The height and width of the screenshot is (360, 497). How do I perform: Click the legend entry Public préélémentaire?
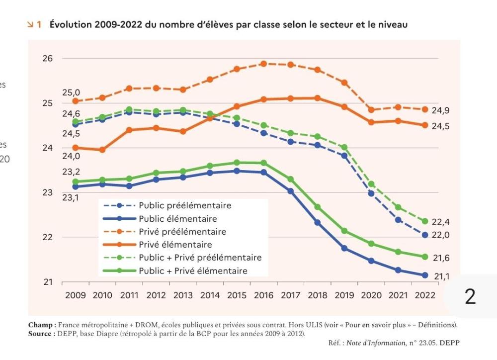pyautogui.click(x=185, y=205)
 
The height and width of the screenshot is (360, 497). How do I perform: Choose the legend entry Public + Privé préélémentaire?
pyautogui.click(x=200, y=258)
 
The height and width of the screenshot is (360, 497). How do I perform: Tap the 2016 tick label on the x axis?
pyautogui.click(x=264, y=295)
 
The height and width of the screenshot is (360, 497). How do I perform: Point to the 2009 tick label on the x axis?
pyautogui.click(x=76, y=295)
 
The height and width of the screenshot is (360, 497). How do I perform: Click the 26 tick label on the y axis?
pyautogui.click(x=47, y=59)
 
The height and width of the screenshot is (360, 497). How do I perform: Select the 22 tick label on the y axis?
pyautogui.click(x=47, y=237)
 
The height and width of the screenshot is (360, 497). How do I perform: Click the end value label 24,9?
pyautogui.click(x=440, y=111)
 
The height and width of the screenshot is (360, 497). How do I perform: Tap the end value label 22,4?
pyautogui.click(x=440, y=222)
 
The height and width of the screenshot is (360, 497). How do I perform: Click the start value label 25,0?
pyautogui.click(x=71, y=93)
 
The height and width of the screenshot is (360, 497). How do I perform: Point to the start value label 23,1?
pyautogui.click(x=71, y=198)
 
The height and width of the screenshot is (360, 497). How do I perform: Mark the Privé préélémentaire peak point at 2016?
pyautogui.click(x=264, y=64)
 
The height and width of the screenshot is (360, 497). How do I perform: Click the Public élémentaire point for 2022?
pyautogui.click(x=425, y=275)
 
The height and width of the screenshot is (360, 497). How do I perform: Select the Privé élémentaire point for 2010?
pyautogui.click(x=102, y=150)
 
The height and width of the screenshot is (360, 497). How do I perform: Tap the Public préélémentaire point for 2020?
pyautogui.click(x=371, y=193)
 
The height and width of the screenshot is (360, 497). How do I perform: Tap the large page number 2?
pyautogui.click(x=470, y=296)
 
